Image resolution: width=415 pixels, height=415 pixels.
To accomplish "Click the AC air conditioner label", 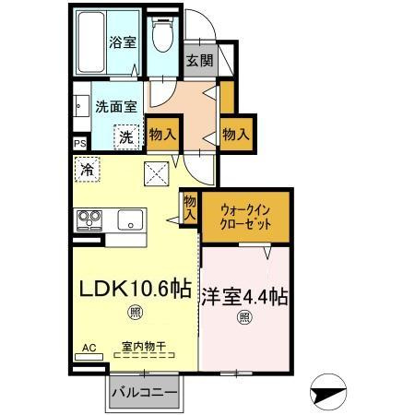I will (x=89, y=348).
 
